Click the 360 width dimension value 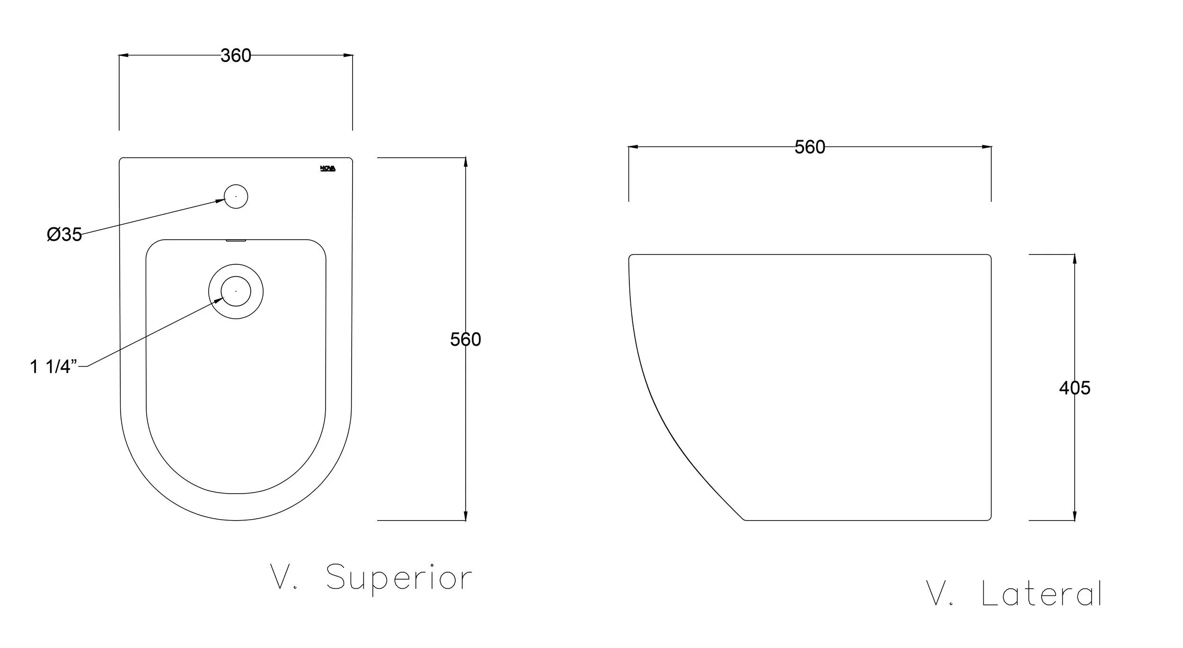[x=236, y=56]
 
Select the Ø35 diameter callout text [x=64, y=234]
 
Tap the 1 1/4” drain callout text [x=53, y=367]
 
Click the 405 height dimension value [x=1075, y=388]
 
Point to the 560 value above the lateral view [x=810, y=147]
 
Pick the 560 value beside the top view [x=466, y=340]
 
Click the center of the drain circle [x=236, y=291]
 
